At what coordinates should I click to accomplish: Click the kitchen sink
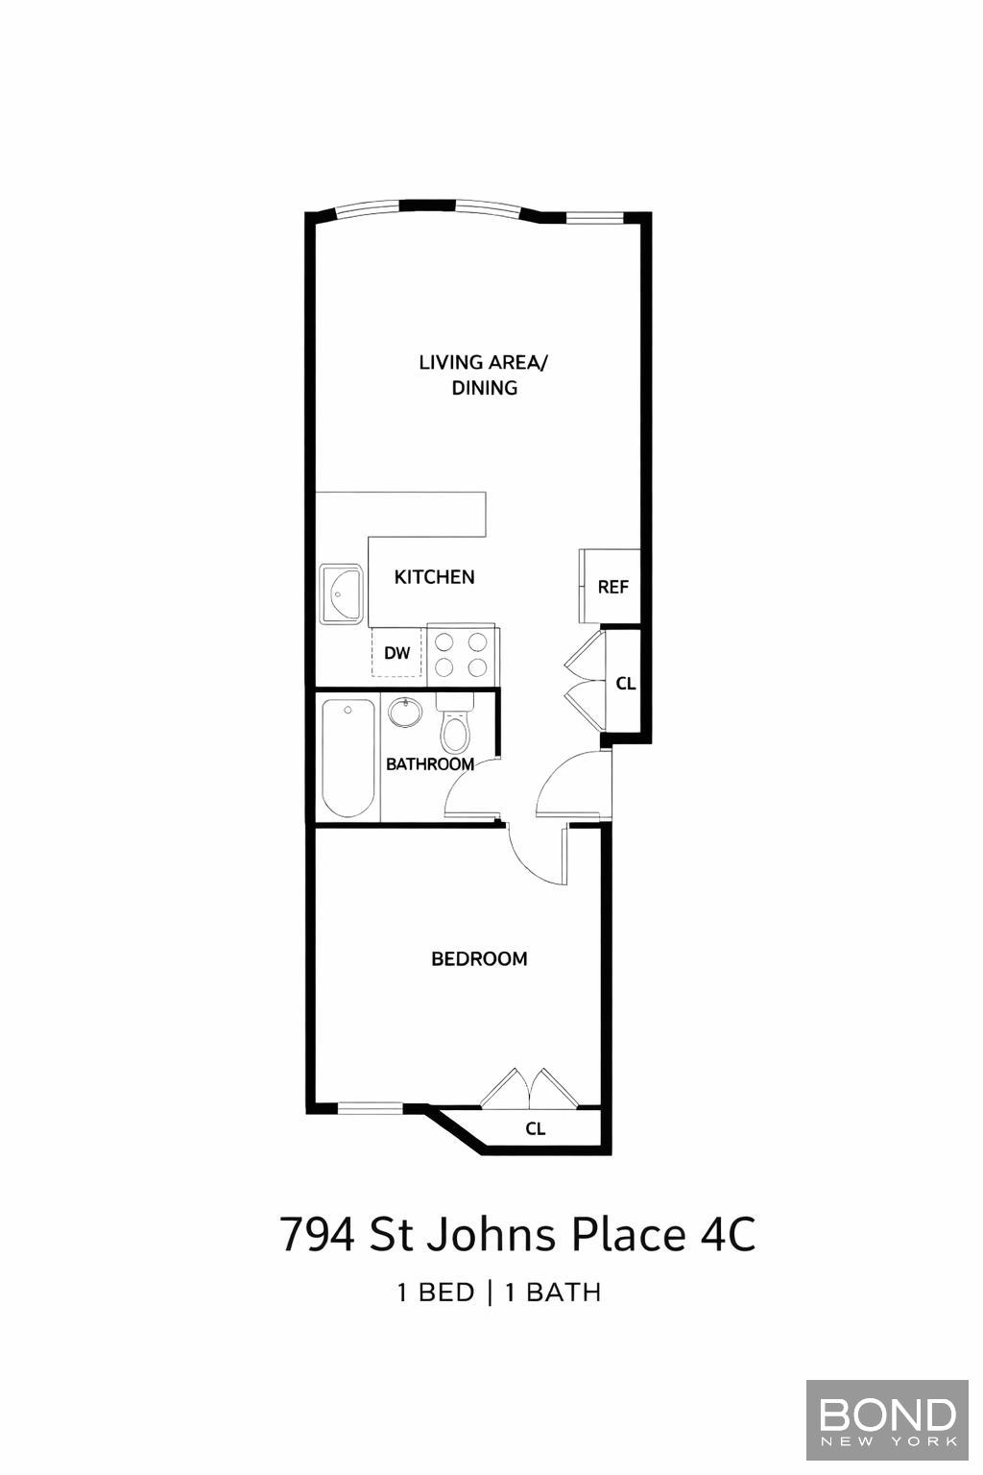pyautogui.click(x=341, y=594)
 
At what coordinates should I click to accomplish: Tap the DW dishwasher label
pyautogui.click(x=396, y=654)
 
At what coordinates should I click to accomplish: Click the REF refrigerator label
pyautogui.click(x=612, y=587)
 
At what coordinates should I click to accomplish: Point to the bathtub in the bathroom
pyautogui.click(x=348, y=759)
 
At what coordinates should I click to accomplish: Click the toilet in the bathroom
pyautogui.click(x=455, y=727)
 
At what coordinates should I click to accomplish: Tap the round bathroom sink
pyautogui.click(x=405, y=713)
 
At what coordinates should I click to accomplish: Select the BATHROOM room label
pyautogui.click(x=430, y=764)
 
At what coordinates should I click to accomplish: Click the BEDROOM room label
pyautogui.click(x=479, y=958)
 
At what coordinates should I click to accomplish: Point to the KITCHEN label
pyautogui.click(x=434, y=577)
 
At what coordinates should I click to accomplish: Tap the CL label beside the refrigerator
pyautogui.click(x=626, y=684)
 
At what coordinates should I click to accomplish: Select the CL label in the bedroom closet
pyautogui.click(x=536, y=1129)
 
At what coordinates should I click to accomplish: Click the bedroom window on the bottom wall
pyautogui.click(x=370, y=1108)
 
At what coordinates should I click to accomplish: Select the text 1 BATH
pyautogui.click(x=553, y=1293)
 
